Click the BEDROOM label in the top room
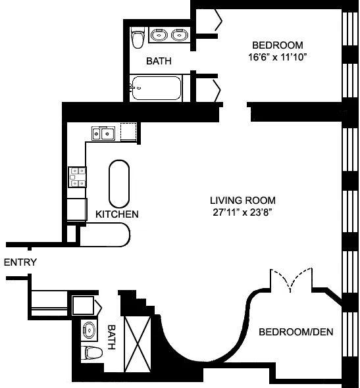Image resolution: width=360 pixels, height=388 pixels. pos(278,45)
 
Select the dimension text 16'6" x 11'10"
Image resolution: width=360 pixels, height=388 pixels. pos(278,57)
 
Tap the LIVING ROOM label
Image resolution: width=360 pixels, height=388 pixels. pos(242,200)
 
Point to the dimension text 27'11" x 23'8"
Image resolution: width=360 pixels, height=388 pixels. pos(242,212)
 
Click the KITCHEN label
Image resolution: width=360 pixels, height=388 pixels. pos(116,214)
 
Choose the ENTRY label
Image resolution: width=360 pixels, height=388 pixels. pos(20,262)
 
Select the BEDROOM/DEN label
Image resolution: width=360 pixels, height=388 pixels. pos(295,332)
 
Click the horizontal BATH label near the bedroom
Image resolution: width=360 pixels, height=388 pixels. pos(159,61)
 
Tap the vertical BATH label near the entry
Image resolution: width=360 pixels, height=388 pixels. pos(111,337)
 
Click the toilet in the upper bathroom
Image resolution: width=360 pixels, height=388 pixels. pos(138,39)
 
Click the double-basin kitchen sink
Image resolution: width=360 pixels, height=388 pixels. pos(103,133)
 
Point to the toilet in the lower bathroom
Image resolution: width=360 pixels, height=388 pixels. pos(91,354)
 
